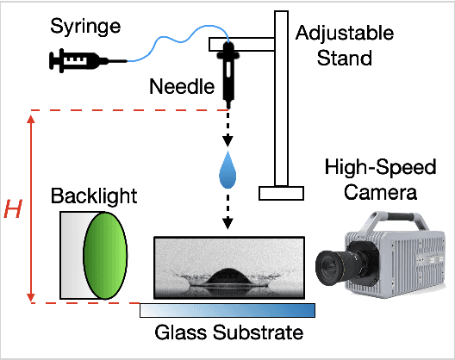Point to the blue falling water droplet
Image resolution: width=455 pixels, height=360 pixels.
pos(227,170)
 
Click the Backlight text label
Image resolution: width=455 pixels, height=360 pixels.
pos(93,196)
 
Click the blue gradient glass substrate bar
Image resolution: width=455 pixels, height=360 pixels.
pos(227,311)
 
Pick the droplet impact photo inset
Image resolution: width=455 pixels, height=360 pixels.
pos(227,266)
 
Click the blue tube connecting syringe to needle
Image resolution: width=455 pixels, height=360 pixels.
pos(172,38)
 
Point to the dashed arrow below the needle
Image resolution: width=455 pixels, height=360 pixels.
pos(227,128)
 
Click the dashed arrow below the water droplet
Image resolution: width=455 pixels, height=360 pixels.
pos(227,211)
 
